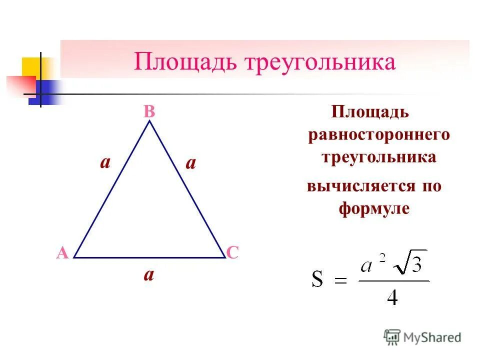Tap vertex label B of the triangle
point(149,112)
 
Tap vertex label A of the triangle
point(62,253)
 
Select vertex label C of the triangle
point(232,252)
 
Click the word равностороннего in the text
point(379,135)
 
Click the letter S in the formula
point(317,280)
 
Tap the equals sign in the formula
point(340,281)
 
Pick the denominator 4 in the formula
point(393,297)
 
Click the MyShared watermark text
point(432,337)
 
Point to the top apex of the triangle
point(149,121)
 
